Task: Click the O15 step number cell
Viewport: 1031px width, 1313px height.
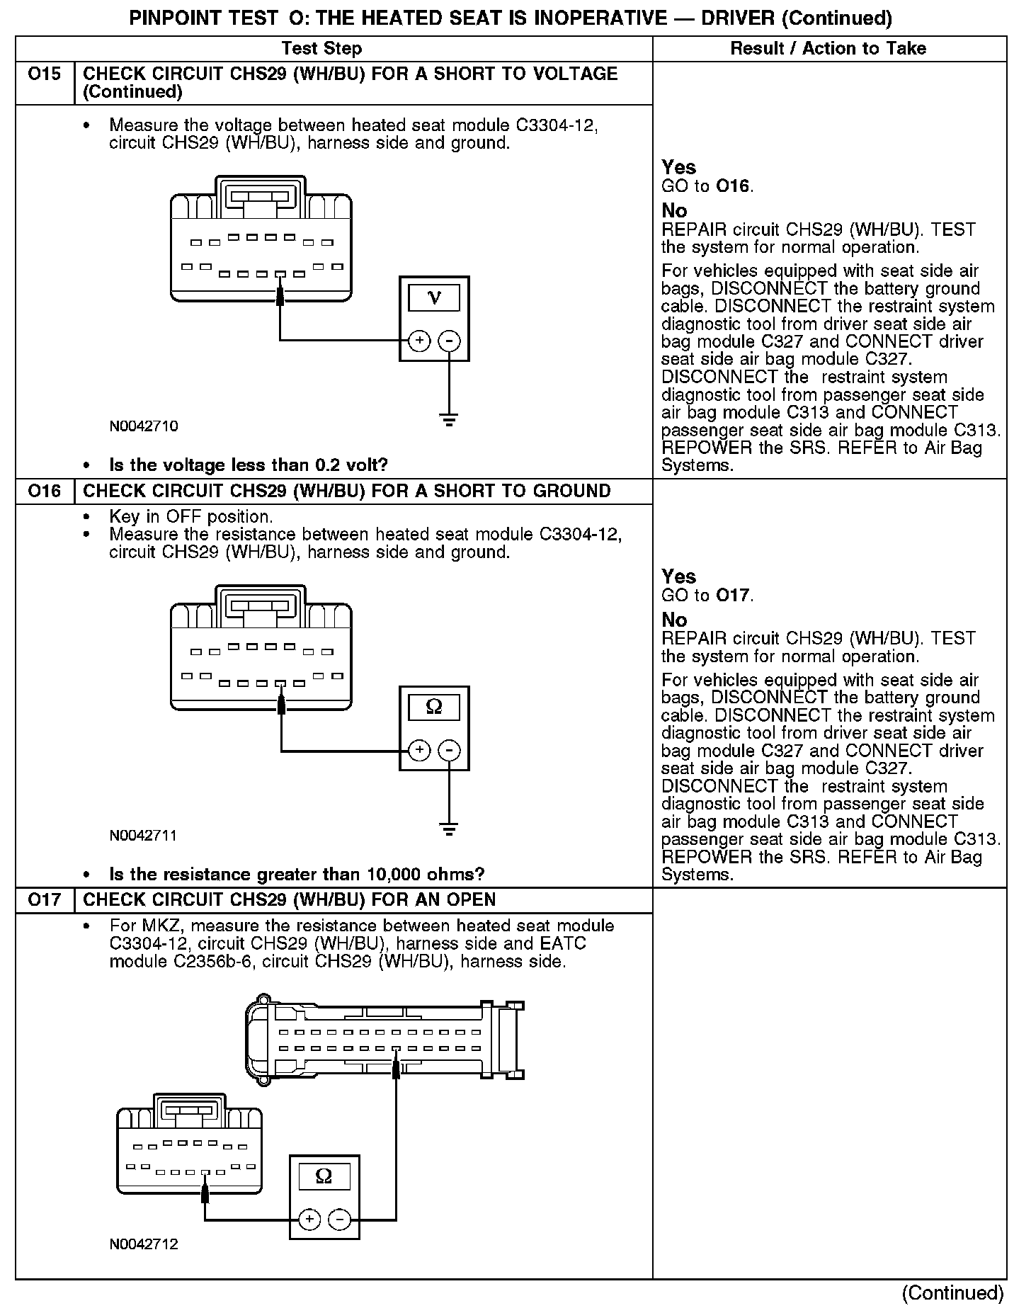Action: click(x=44, y=74)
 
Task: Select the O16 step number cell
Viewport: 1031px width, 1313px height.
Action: click(x=44, y=491)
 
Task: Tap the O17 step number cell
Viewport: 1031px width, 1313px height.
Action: click(x=44, y=900)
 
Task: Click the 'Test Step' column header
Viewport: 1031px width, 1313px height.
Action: click(x=321, y=49)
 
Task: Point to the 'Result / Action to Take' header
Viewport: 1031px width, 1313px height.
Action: click(x=828, y=49)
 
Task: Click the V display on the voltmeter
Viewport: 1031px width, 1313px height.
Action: click(x=434, y=298)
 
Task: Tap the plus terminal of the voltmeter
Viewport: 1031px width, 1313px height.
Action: click(x=419, y=341)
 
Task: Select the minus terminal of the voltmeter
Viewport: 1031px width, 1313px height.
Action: click(x=449, y=341)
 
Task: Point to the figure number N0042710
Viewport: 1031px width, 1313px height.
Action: click(x=144, y=426)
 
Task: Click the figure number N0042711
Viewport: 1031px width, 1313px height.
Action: click(x=144, y=836)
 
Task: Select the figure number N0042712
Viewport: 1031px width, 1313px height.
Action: click(x=144, y=1244)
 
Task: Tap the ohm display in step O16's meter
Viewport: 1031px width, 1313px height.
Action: click(x=434, y=707)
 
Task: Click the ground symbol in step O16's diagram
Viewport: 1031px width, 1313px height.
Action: click(x=449, y=828)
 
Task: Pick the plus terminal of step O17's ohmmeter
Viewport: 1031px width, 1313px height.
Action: click(x=309, y=1219)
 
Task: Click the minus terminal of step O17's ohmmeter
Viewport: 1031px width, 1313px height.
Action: click(x=339, y=1219)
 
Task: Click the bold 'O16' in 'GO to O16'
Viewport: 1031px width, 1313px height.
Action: click(x=732, y=186)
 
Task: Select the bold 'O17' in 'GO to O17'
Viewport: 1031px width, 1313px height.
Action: click(x=732, y=596)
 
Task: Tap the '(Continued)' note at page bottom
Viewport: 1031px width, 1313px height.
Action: click(x=952, y=1293)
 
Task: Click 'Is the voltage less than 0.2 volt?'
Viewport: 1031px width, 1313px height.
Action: click(x=249, y=465)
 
